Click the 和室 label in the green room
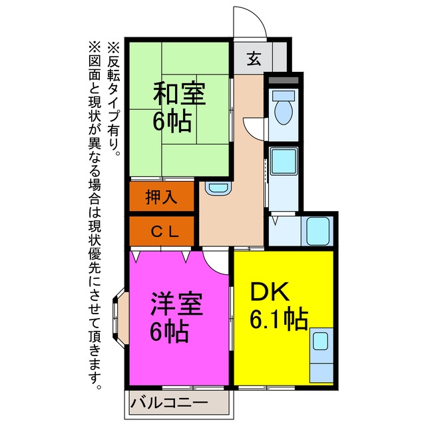179,93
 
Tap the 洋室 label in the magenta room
176,304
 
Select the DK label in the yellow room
270,292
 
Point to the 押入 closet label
161,196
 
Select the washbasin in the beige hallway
218,188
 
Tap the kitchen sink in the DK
320,341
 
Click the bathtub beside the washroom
318,231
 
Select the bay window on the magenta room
120,317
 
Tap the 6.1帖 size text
279,319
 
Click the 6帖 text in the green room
172,121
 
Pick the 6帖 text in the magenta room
169,331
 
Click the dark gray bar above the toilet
284,80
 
